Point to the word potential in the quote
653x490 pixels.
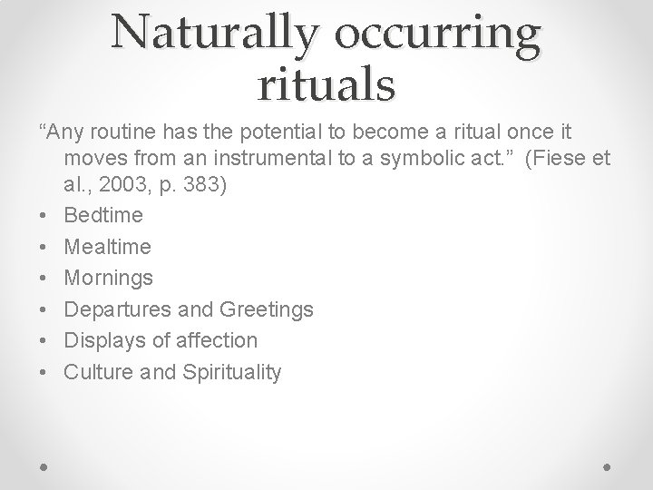(x=276, y=133)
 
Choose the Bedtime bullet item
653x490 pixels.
(x=103, y=216)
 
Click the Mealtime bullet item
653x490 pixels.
(x=108, y=247)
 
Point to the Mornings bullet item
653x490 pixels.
(x=108, y=279)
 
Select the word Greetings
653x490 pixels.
(x=267, y=309)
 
